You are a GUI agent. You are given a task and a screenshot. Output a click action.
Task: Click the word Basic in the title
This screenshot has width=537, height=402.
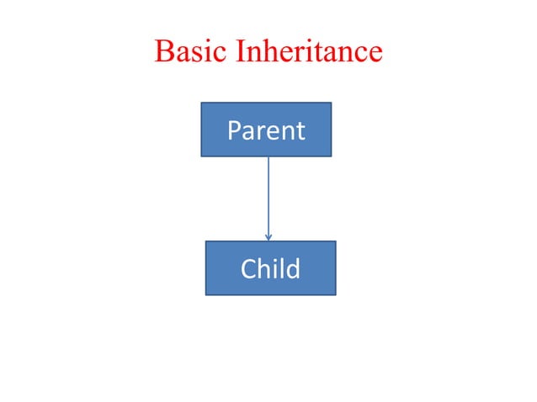tap(192, 52)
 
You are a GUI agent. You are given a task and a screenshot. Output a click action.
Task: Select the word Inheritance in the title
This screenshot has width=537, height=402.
tap(309, 52)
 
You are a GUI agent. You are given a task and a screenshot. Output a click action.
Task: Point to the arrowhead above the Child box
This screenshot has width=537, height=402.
tap(268, 237)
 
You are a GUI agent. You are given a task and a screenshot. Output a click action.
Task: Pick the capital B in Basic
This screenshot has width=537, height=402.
tap(164, 52)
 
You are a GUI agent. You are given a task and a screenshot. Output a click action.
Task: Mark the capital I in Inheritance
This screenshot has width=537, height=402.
tap(242, 52)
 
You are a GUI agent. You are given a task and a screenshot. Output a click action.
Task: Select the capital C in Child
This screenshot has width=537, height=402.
tap(249, 269)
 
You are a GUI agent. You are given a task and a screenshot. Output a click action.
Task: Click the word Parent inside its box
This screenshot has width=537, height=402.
tap(266, 131)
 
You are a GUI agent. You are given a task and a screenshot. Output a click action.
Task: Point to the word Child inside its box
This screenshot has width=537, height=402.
tap(270, 269)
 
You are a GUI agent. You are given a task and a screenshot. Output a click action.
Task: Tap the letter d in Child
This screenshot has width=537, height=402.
tap(292, 269)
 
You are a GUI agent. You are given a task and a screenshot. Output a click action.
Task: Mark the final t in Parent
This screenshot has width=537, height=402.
tap(300, 131)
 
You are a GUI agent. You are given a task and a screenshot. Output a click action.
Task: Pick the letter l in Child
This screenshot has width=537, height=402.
tap(282, 269)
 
